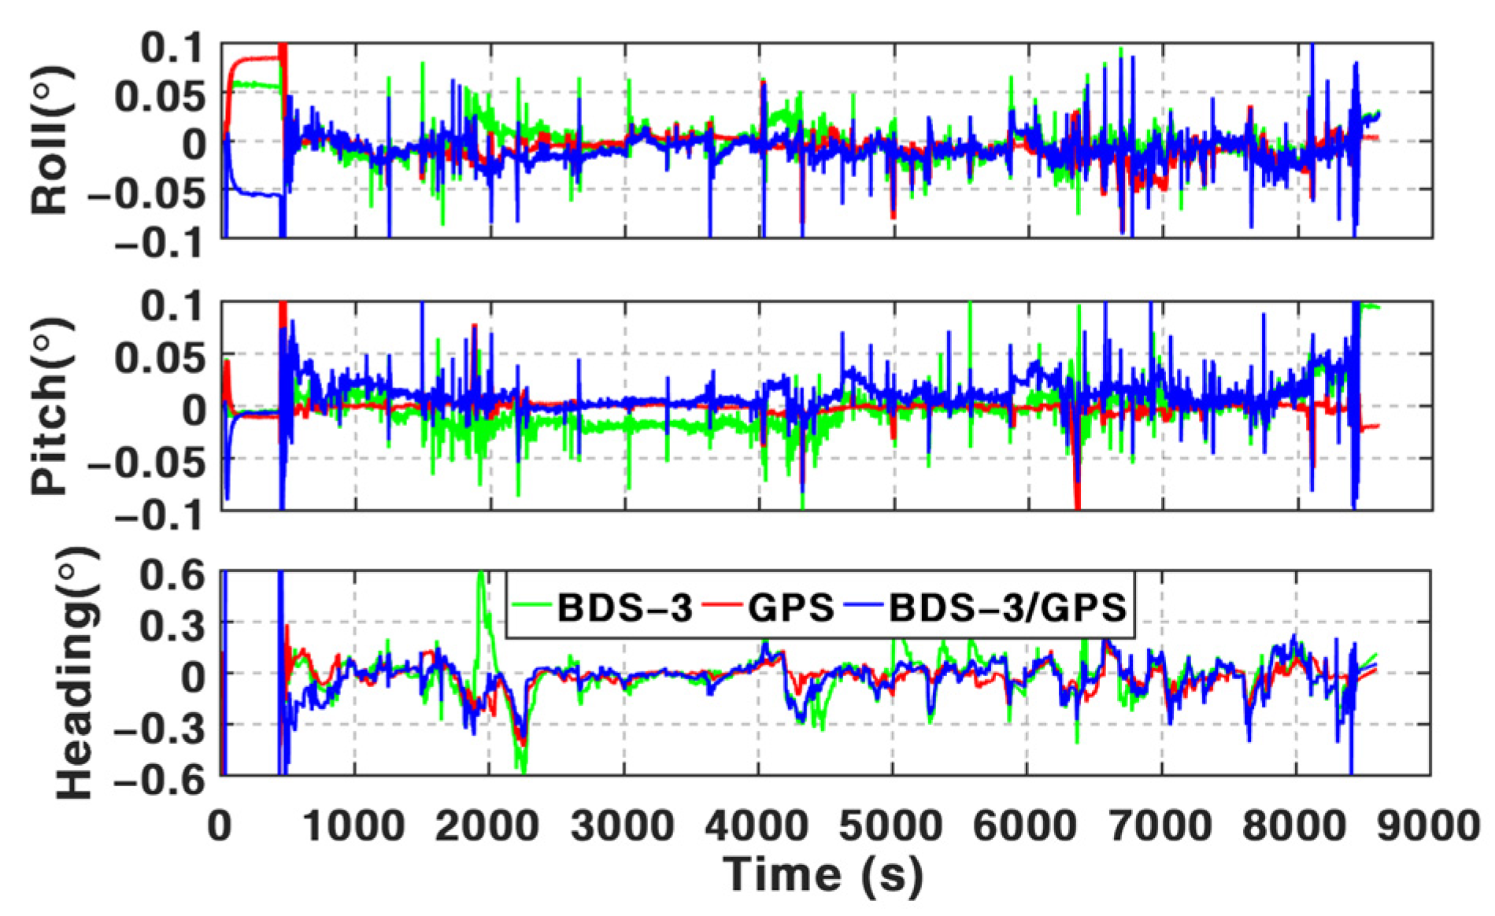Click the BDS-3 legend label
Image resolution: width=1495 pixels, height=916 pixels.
coord(624,608)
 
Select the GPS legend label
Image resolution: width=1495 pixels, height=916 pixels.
coord(790,608)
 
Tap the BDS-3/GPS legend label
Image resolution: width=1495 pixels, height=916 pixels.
coord(1008,608)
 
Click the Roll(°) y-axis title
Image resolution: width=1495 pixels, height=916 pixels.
coord(50,141)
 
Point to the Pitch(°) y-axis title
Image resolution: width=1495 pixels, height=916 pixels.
coord(50,406)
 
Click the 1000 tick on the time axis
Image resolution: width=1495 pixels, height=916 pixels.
coord(353,826)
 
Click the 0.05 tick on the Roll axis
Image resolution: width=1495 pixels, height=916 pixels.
coord(160,97)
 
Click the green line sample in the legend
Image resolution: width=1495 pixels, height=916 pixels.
coord(531,606)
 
